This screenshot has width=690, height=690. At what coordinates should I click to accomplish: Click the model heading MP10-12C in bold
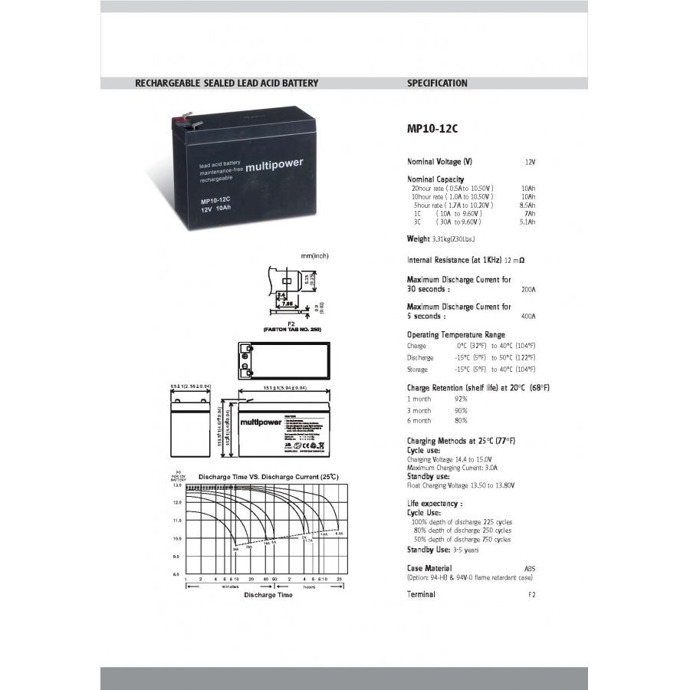pyautogui.click(x=432, y=129)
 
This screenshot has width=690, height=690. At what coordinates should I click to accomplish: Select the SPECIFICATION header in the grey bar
pyautogui.click(x=437, y=83)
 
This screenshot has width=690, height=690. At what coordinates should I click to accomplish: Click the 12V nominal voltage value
pyautogui.click(x=530, y=163)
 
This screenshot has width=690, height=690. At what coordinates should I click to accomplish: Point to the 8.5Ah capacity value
pyautogui.click(x=527, y=205)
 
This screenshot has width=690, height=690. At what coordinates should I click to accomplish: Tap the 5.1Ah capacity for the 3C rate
pyautogui.click(x=527, y=222)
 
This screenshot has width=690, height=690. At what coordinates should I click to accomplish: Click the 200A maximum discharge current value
pyautogui.click(x=528, y=290)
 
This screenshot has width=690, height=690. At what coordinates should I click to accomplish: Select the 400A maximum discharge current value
pyautogui.click(x=528, y=316)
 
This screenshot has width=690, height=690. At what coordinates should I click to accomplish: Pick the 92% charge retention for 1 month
pyautogui.click(x=461, y=399)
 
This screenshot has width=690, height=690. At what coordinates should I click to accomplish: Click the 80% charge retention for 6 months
pyautogui.click(x=461, y=421)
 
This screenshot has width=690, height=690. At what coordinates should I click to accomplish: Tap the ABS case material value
pyautogui.click(x=530, y=569)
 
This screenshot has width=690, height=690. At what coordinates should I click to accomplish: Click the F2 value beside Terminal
pyautogui.click(x=532, y=595)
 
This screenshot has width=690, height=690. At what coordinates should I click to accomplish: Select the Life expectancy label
pyautogui.click(x=434, y=504)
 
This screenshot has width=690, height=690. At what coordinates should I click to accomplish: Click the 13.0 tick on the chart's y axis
pyautogui.click(x=177, y=486)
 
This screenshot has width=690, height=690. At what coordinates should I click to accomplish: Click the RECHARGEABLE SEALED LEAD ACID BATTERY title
pyautogui.click(x=226, y=83)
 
